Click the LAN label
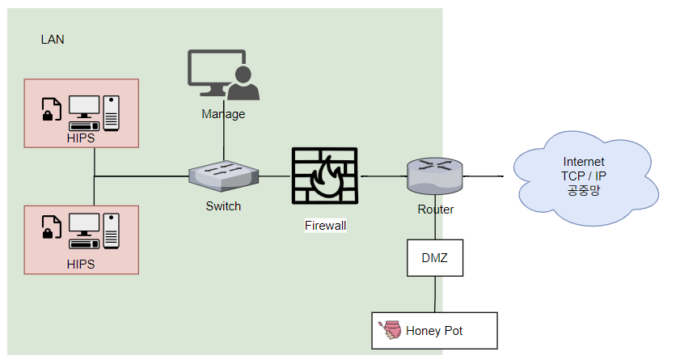53,40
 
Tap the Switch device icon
224,176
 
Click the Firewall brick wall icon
324,176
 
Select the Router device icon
434,175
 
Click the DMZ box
435,258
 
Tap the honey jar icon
390,330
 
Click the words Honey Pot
434,331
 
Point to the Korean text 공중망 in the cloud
584,189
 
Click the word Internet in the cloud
584,162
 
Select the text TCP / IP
584,176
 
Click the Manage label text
223,114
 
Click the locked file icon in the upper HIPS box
51,109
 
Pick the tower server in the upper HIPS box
112,113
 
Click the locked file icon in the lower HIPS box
51,227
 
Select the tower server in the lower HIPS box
112,231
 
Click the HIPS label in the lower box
81,264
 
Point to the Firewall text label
326,226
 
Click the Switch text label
223,206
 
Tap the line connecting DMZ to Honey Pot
435,294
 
